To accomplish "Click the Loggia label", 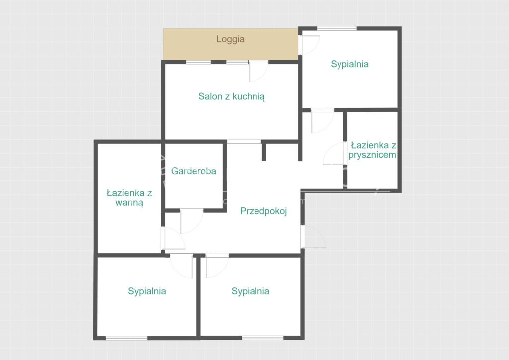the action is point(230,39).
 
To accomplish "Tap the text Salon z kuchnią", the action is point(232,96).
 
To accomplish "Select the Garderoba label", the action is point(194,171).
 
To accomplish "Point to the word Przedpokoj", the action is point(263,211).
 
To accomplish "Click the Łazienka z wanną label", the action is point(129,198).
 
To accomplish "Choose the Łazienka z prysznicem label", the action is point(372,150).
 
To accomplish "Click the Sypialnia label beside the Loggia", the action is point(349,64).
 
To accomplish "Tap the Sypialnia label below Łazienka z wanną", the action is point(147,291).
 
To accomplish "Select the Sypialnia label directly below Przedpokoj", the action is point(251,291).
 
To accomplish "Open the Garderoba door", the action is point(191,221).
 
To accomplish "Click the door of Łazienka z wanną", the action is point(172,238).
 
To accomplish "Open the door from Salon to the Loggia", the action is point(258,71).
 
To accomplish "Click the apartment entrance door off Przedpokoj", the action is point(313,236).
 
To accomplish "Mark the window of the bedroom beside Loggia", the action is point(337,28).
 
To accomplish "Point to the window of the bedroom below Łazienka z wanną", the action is point(127,338).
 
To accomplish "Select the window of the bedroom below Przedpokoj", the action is point(262,338).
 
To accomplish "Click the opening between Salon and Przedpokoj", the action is point(244,142).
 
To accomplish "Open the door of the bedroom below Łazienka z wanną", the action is point(182,266).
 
